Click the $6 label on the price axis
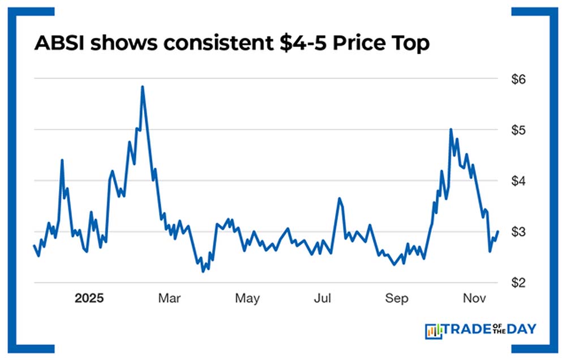pyautogui.click(x=518, y=79)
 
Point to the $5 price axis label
pyautogui.click(x=518, y=130)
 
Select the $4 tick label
pyautogui.click(x=518, y=181)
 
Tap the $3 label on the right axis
pyautogui.click(x=518, y=232)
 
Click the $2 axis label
pyautogui.click(x=518, y=282)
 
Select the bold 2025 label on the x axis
pyautogui.click(x=89, y=298)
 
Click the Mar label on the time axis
pyautogui.click(x=170, y=298)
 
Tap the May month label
pyautogui.click(x=247, y=298)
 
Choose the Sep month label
pyautogui.click(x=396, y=298)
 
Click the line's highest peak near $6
pyautogui.click(x=142, y=87)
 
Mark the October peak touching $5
pyautogui.click(x=451, y=130)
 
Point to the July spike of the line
pyautogui.click(x=339, y=199)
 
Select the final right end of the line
pyautogui.click(x=498, y=231)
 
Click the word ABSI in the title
pyautogui.click(x=58, y=44)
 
